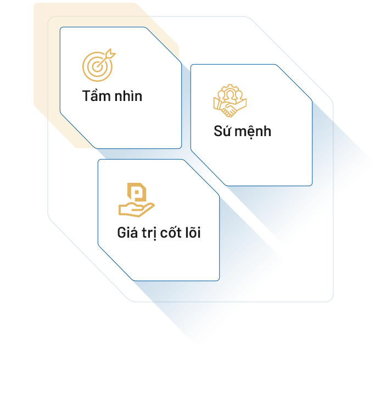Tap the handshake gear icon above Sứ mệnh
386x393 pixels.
point(230,101)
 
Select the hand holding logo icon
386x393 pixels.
point(136,200)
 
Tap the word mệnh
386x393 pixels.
point(253,131)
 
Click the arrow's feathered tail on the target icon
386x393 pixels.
point(110,53)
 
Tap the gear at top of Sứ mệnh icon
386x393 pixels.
point(230,89)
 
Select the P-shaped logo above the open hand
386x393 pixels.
point(137,192)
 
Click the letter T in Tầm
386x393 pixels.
point(87,96)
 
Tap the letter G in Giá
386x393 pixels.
point(121,233)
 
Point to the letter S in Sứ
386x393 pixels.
point(218,131)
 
